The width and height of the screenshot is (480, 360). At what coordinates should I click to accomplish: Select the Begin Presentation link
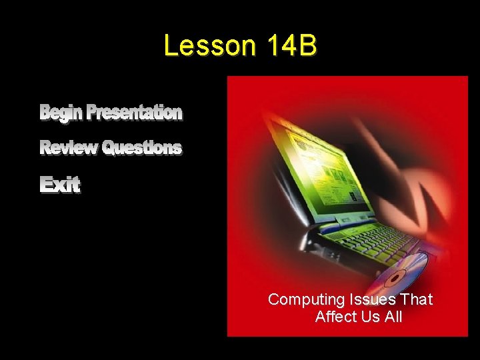[x=111, y=113]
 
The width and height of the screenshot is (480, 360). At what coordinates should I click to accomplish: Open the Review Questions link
[x=111, y=147]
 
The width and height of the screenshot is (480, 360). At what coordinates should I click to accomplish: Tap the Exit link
[x=60, y=185]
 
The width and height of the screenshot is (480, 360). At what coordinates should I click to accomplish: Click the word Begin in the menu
[x=62, y=113]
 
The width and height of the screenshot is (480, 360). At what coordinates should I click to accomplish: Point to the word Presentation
[x=134, y=113]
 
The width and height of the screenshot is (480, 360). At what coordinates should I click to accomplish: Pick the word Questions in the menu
[x=141, y=147]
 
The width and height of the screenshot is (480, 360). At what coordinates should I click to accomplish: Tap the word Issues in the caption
[x=363, y=300]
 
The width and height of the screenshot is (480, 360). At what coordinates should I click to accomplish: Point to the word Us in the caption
[x=371, y=317]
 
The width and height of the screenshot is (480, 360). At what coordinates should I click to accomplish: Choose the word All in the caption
[x=393, y=317]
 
